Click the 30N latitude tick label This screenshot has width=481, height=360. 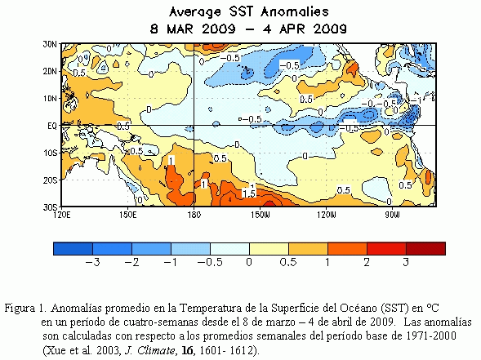pyautogui.click(x=49, y=44)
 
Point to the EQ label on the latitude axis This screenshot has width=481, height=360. pyautogui.click(x=51, y=126)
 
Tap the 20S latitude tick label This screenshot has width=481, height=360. pyautogui.click(x=50, y=180)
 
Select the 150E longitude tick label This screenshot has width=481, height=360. pyautogui.click(x=128, y=215)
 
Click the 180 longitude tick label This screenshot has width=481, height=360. pyautogui.click(x=194, y=215)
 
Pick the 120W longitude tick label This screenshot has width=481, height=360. pyautogui.click(x=327, y=215)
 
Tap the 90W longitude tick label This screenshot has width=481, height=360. pyautogui.click(x=392, y=215)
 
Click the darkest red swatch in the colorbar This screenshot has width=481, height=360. pyautogui.click(x=425, y=248)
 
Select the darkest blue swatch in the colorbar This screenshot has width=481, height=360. pyautogui.click(x=73, y=248)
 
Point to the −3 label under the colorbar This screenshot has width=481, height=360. pyautogui.click(x=92, y=263)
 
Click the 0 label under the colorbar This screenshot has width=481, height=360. pyautogui.click(x=249, y=263)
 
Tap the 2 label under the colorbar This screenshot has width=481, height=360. pyautogui.click(x=367, y=263)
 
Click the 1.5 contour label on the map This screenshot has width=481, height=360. pyautogui.click(x=249, y=193)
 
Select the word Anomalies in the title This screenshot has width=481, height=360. pyautogui.click(x=295, y=12)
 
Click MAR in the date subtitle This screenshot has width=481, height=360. pyautogui.click(x=180, y=29)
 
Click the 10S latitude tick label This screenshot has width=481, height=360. pyautogui.click(x=50, y=153)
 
